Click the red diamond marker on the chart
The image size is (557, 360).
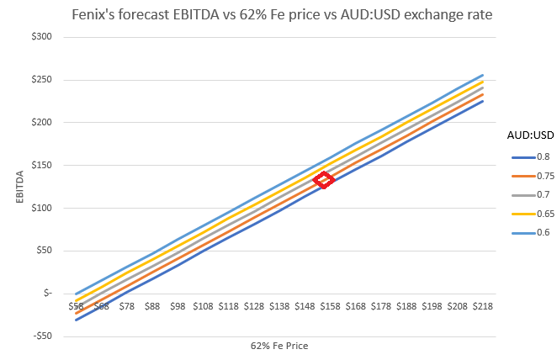pyautogui.click(x=324, y=179)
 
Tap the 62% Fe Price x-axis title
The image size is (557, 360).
pyautogui.click(x=278, y=345)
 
